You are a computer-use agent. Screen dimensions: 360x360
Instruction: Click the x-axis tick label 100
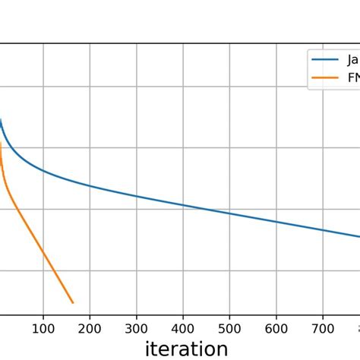(x=43, y=328)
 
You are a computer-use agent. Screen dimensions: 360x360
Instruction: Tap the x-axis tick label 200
(x=90, y=328)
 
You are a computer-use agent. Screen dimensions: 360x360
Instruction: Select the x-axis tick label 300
(x=137, y=328)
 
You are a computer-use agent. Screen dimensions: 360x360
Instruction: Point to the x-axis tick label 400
(x=183, y=328)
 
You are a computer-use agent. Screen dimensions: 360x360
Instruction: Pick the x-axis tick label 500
(x=229, y=328)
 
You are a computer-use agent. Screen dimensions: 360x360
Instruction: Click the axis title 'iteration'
(x=186, y=349)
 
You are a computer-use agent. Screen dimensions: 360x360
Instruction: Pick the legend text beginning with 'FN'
(x=353, y=77)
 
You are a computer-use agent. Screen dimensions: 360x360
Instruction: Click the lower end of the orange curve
(x=73, y=303)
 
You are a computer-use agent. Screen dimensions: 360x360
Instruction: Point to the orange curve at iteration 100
(x=43, y=254)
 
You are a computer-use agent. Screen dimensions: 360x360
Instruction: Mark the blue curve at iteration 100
(x=43, y=171)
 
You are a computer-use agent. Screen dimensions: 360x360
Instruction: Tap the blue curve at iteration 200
(x=90, y=185)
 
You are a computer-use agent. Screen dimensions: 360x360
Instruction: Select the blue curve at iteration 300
(x=137, y=196)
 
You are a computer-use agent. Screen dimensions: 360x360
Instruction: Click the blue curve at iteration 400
(x=183, y=205)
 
